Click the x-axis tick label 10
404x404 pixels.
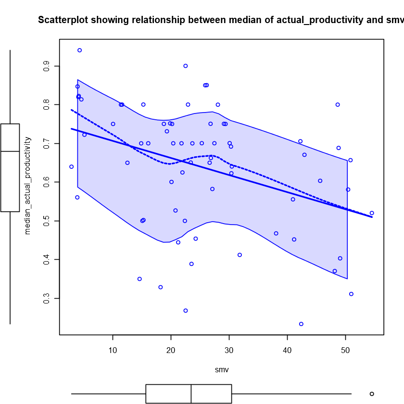(113, 350)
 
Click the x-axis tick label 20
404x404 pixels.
(171, 350)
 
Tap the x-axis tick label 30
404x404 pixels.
(229, 350)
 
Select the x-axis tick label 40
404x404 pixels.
(287, 350)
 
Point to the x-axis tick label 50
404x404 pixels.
(345, 350)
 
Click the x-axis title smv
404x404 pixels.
(221, 371)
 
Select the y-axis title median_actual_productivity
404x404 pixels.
(27, 186)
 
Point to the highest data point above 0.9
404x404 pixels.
(79, 50)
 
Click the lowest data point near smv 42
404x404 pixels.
(301, 324)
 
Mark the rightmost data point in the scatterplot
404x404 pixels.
(372, 213)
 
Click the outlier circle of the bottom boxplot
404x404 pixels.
(372, 393)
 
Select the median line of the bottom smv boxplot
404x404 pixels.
(191, 393)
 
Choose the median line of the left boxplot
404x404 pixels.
(10, 151)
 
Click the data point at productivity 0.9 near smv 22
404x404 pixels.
(185, 66)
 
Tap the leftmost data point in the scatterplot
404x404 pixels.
(71, 167)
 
